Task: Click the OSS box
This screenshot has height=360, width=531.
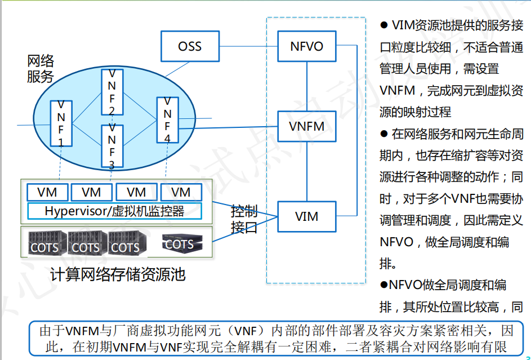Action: (x=189, y=46)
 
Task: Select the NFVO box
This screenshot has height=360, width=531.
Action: (x=307, y=46)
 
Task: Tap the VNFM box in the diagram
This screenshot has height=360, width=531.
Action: (x=307, y=126)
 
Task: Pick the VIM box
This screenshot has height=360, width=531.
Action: (x=307, y=216)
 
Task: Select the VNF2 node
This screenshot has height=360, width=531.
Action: (x=111, y=92)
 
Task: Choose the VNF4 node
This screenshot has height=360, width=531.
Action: (x=167, y=120)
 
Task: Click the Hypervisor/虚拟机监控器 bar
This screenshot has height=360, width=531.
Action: (x=114, y=211)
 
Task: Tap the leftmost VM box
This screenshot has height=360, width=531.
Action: (x=47, y=192)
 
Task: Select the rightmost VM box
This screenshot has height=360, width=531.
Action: (x=181, y=192)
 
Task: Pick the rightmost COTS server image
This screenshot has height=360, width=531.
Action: (x=179, y=243)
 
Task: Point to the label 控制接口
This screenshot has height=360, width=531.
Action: (x=244, y=219)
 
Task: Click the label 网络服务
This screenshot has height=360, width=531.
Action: (x=40, y=68)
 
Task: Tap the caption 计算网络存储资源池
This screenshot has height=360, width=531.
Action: (x=118, y=274)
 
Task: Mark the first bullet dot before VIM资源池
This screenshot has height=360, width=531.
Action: (x=385, y=25)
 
